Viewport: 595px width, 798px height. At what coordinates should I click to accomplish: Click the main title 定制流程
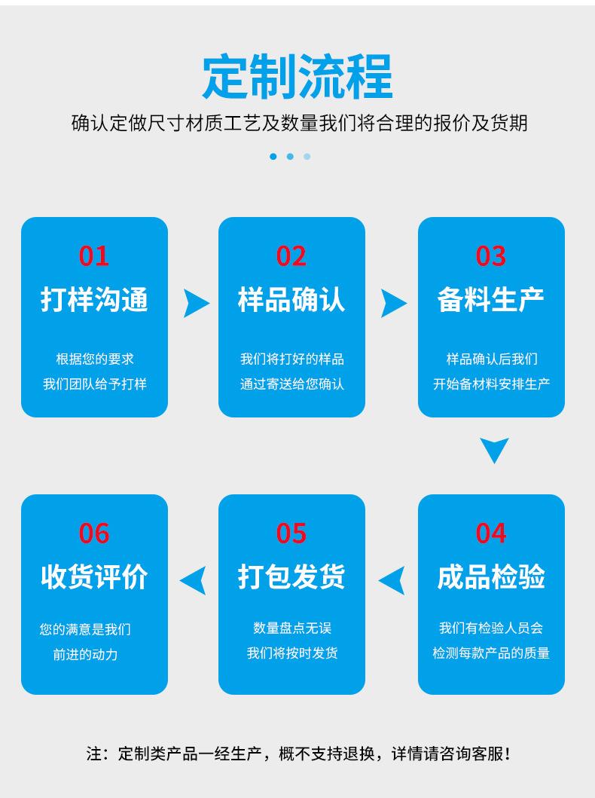[x=297, y=76]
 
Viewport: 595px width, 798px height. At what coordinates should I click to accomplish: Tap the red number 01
[x=94, y=256]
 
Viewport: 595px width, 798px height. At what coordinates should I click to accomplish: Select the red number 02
[x=291, y=256]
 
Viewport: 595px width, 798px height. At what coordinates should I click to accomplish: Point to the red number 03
[x=491, y=256]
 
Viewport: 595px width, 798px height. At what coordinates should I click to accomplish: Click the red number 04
[x=491, y=534]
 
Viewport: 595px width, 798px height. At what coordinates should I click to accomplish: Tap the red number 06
[x=94, y=534]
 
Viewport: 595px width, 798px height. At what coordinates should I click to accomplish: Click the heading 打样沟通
[x=94, y=299]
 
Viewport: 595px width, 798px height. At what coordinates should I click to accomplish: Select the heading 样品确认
[x=291, y=299]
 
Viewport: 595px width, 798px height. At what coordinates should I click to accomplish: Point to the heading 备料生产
[x=491, y=299]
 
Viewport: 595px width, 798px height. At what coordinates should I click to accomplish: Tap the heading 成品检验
[x=491, y=576]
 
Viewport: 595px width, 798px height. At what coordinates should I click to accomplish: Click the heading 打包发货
[x=291, y=576]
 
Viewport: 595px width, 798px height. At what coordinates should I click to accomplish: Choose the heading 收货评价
[x=94, y=576]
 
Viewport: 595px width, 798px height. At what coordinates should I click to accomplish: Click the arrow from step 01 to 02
[x=195, y=303]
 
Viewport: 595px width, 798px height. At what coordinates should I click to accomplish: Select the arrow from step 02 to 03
[x=392, y=303]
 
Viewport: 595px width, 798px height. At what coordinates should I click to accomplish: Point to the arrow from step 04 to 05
[x=392, y=580]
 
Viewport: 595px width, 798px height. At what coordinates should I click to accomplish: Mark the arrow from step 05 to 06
[x=194, y=580]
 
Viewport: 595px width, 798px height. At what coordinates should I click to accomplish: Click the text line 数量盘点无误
[x=291, y=628]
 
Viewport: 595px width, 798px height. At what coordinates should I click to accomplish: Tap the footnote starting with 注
[x=298, y=753]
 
